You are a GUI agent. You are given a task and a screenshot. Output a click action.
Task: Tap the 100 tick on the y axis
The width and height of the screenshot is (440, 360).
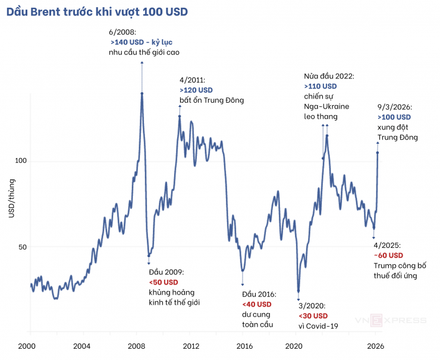(20, 162)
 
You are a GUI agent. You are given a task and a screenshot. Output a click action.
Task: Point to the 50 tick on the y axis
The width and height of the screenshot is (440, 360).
(21, 247)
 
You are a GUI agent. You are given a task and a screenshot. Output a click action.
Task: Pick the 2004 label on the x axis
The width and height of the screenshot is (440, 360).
(82, 346)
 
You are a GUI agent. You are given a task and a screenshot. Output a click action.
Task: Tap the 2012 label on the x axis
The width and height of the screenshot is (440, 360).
(190, 346)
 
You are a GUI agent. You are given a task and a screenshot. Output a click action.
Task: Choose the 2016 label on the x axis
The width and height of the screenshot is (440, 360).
(244, 346)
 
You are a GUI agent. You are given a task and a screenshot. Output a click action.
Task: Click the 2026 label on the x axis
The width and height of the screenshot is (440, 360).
(375, 346)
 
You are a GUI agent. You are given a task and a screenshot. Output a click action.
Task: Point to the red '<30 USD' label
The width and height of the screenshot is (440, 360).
(313, 315)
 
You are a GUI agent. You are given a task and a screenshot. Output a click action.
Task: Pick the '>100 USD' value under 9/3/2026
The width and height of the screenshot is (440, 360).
(394, 117)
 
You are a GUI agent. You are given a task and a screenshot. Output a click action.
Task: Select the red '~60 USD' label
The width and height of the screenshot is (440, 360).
(389, 255)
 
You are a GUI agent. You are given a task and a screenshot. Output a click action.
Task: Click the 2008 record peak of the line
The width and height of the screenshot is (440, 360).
(142, 93)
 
